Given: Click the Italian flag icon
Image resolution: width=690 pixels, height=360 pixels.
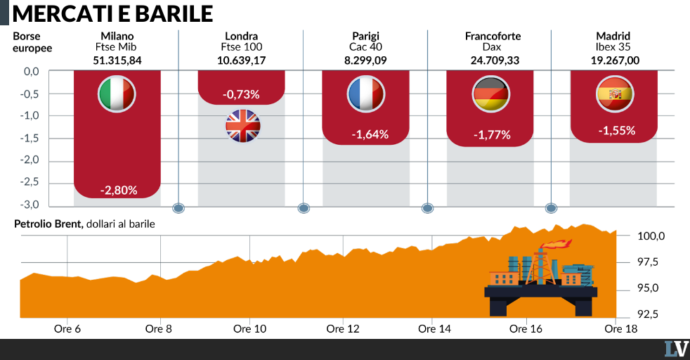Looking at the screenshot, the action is pos(117,94).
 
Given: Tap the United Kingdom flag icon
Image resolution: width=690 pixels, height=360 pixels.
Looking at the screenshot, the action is pos(243,126).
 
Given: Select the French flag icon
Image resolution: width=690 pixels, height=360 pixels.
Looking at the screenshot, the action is pos(365,94).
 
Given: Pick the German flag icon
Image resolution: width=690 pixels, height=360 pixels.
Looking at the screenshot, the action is pos(490,94).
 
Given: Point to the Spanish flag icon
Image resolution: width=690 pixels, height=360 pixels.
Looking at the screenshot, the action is pos(615,94).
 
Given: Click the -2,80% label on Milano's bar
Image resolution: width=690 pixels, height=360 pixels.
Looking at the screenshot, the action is pos(119,190).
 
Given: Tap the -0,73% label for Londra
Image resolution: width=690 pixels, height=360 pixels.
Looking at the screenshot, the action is pos(241,94).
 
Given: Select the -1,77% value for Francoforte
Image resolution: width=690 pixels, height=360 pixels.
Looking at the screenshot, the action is pos(492,135).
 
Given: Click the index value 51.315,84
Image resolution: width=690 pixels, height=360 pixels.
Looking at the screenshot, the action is pos(117,60).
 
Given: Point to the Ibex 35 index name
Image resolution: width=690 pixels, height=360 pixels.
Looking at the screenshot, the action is pos(613,47).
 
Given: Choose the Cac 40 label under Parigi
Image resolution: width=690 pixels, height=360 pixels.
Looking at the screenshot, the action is pos(365,47).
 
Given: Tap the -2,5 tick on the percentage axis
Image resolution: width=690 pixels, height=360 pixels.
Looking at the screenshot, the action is pos(30,182).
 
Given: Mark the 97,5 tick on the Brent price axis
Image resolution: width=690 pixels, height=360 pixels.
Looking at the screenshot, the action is pos(649,262).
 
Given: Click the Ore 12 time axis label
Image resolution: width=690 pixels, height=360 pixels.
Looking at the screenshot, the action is pos(343,329).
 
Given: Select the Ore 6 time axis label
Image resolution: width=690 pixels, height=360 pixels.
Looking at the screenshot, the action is pos(67,329).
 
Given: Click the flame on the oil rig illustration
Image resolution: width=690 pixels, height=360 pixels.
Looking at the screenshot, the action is pos(556,243).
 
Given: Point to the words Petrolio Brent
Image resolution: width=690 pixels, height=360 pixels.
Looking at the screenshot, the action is pos(48,224).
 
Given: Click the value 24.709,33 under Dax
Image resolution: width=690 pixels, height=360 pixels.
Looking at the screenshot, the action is pos(495,60).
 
